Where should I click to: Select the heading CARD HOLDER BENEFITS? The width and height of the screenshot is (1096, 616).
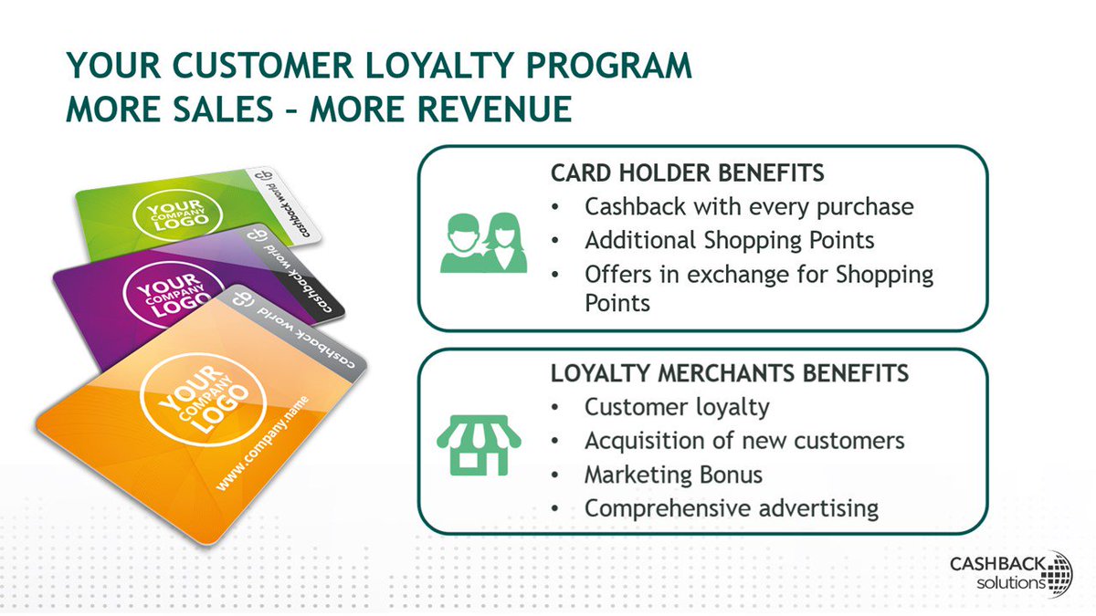[x=688, y=172]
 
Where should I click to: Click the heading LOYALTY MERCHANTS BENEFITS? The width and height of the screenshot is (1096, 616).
[x=729, y=373]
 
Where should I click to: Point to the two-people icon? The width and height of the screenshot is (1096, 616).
[x=484, y=242]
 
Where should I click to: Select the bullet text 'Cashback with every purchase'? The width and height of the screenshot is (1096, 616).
[x=749, y=207]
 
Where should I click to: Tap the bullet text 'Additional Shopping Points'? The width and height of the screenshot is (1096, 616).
[x=730, y=240]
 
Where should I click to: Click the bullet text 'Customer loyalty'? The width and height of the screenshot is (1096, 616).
[x=677, y=407]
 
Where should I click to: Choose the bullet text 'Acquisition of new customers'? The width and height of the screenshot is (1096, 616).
[x=744, y=441]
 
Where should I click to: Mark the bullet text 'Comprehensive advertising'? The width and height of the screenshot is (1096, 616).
[x=732, y=507]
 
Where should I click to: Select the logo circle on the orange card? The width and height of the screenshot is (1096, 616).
[x=203, y=399]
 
